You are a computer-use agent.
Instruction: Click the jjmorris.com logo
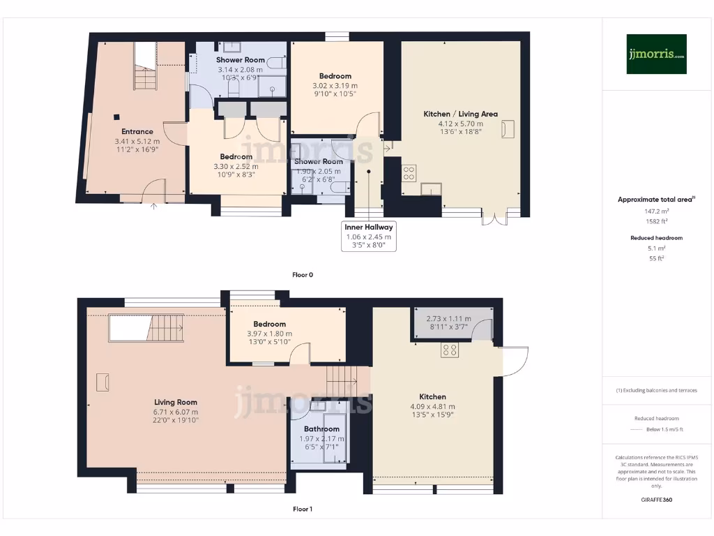(x=655, y=54)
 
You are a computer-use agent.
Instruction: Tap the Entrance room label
(x=137, y=131)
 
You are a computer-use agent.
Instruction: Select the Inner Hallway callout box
(x=369, y=237)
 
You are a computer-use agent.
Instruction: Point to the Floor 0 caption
(x=302, y=275)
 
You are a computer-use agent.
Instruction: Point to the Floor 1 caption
(x=302, y=509)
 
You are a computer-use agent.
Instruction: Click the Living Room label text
(x=176, y=402)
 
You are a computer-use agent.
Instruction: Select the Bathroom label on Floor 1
(x=321, y=429)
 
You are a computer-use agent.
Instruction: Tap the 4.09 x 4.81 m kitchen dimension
(x=432, y=407)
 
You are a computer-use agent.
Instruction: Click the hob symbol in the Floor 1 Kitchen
(x=449, y=350)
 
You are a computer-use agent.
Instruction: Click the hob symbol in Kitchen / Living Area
(x=409, y=172)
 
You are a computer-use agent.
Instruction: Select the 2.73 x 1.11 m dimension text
(x=448, y=319)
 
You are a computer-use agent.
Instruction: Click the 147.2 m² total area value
(x=655, y=210)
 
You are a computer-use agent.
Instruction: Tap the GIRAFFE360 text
(x=655, y=500)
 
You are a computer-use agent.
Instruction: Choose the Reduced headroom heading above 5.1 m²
(x=655, y=238)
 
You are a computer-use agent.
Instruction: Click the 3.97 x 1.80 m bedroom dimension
(x=269, y=334)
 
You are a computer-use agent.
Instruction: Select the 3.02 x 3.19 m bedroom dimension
(x=335, y=86)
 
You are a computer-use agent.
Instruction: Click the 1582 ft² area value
(x=655, y=220)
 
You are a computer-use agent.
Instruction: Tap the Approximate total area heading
(x=655, y=200)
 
